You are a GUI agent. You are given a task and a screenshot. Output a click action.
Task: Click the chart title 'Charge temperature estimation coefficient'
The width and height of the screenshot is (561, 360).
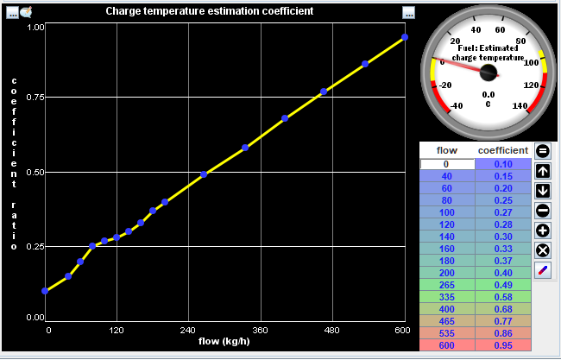[x=209, y=11]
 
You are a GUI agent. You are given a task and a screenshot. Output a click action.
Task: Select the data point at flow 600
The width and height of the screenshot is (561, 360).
[x=405, y=37]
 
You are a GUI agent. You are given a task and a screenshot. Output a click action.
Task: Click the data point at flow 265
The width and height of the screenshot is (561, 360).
[x=204, y=174]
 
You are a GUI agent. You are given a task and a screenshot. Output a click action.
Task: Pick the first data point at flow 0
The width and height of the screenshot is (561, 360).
[x=44, y=291]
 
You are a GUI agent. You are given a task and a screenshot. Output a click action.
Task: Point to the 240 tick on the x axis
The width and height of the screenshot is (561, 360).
[x=188, y=330]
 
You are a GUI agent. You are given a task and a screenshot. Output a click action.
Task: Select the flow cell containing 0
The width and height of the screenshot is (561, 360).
[x=446, y=164]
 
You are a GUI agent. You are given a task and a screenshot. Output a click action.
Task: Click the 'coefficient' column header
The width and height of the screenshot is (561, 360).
[x=502, y=150]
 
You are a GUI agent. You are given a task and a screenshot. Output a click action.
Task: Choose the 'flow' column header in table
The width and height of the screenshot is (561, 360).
[x=446, y=150]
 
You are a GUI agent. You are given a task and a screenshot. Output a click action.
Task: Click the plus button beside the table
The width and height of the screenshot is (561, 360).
[x=543, y=231]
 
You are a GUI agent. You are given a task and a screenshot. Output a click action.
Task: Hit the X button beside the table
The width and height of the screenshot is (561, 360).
[x=543, y=250]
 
